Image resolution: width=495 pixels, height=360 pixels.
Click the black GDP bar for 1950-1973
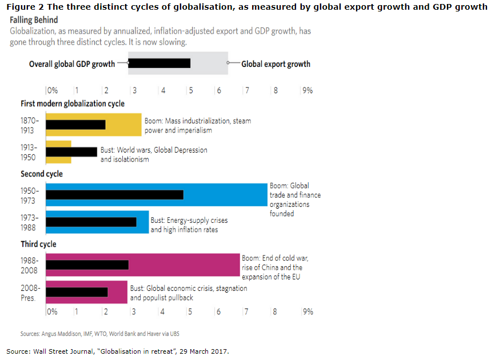(x=114, y=195)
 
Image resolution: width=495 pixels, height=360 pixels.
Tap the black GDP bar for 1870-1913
(x=75, y=125)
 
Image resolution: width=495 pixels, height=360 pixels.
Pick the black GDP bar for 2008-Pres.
(x=77, y=292)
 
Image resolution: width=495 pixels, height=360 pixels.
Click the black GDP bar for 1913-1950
(x=71, y=151)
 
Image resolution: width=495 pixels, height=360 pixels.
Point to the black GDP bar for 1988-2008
(x=87, y=265)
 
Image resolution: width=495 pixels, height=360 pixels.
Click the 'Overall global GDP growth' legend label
(x=72, y=64)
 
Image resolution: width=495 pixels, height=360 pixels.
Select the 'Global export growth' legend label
(x=276, y=64)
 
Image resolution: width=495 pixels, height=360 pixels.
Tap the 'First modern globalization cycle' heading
(x=73, y=103)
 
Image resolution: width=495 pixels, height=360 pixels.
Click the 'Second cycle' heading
(x=42, y=174)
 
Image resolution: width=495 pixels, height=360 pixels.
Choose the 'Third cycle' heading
(x=38, y=244)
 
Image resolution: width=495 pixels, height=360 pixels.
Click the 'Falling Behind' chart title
(x=34, y=20)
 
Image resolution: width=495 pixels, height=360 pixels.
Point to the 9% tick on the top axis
(x=307, y=90)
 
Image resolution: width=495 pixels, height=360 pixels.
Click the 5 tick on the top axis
(x=191, y=90)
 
